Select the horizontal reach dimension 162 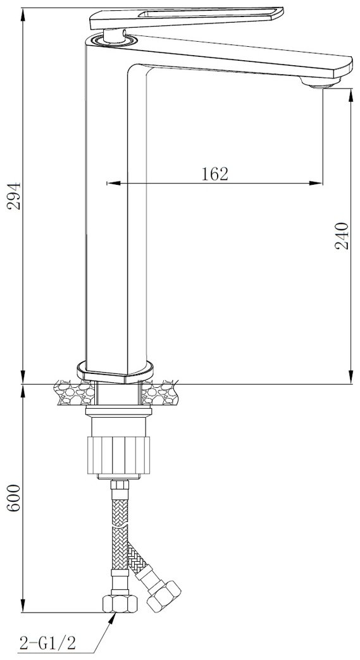(x=214, y=173)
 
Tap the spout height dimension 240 (x=342, y=235)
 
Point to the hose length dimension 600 (x=13, y=498)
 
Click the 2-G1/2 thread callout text (x=47, y=642)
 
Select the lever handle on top (x=186, y=18)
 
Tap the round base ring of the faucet (x=115, y=371)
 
